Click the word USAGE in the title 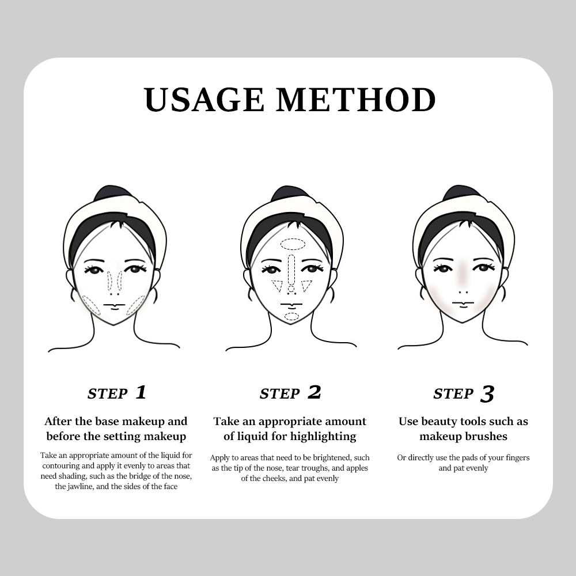pyautogui.click(x=204, y=100)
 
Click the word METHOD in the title pyautogui.click(x=355, y=100)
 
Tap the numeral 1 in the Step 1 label pyautogui.click(x=141, y=392)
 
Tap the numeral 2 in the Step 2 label pyautogui.click(x=314, y=392)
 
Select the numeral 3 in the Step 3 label pyautogui.click(x=487, y=394)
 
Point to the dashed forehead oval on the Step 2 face pyautogui.click(x=293, y=244)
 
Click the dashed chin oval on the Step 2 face pyautogui.click(x=292, y=317)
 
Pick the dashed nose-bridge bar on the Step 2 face pyautogui.click(x=291, y=268)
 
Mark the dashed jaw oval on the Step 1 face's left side pyautogui.click(x=91, y=305)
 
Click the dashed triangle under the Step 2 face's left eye pyautogui.click(x=278, y=286)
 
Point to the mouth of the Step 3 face pyautogui.click(x=463, y=303)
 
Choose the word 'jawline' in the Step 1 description pyautogui.click(x=80, y=486)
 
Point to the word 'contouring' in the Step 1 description pyautogui.click(x=59, y=466)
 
